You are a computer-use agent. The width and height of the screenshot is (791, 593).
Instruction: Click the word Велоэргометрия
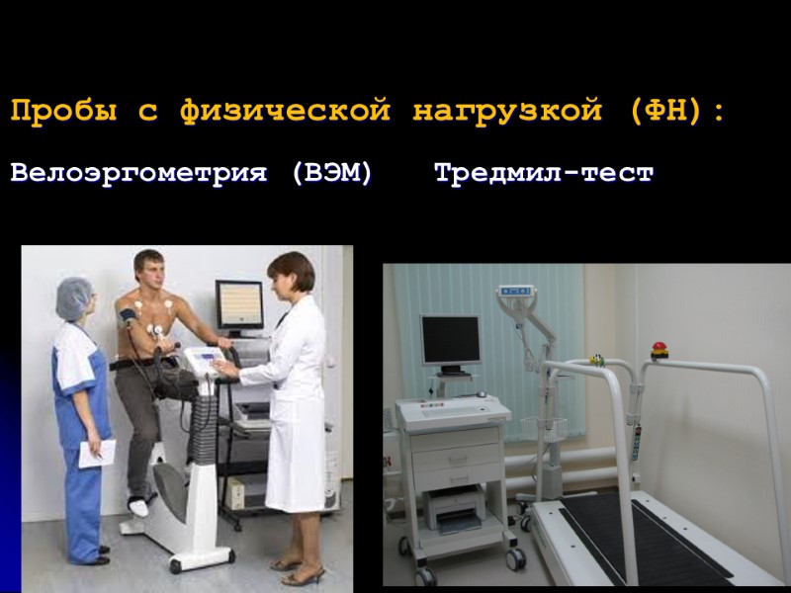tap(139, 174)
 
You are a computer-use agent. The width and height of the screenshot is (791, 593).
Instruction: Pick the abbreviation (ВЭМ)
tap(333, 174)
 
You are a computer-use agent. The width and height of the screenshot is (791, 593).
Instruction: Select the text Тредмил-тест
tap(544, 174)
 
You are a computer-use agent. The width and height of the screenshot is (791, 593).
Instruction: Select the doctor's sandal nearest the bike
tap(288, 563)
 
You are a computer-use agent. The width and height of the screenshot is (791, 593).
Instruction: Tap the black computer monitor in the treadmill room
tap(450, 341)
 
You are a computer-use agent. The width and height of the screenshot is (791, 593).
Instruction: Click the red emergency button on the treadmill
tap(658, 349)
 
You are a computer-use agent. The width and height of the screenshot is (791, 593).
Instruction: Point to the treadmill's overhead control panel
tap(515, 293)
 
